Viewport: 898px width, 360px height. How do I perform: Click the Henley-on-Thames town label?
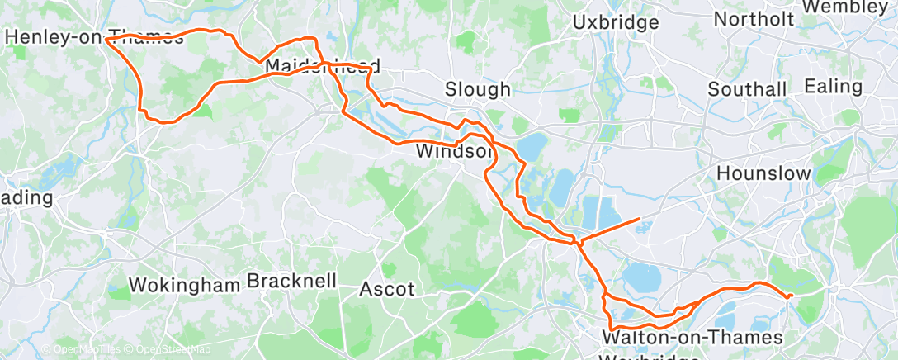[x=94, y=36]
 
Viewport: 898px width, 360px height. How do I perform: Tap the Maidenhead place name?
[x=322, y=66]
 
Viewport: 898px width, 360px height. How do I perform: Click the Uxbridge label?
[x=615, y=21]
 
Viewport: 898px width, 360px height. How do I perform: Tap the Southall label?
[x=749, y=88]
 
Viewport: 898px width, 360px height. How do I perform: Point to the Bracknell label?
[x=291, y=281]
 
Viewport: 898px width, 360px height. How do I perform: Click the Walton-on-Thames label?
[x=692, y=338]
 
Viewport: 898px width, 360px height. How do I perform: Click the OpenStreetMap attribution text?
[x=158, y=350]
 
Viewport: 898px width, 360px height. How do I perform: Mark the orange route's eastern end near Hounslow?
[x=792, y=295]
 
